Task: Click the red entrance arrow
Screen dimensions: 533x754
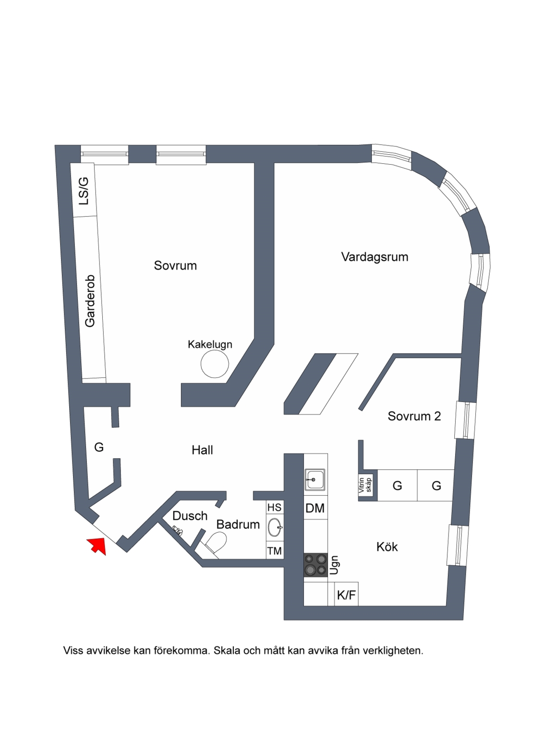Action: point(97,546)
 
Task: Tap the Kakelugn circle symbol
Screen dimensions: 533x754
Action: point(215,364)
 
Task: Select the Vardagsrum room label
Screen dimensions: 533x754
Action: point(375,257)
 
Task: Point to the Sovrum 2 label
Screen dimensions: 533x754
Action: point(414,416)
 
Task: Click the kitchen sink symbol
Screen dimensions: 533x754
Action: point(315,480)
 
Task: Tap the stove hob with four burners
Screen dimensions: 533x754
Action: point(315,565)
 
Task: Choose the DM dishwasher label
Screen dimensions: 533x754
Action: point(315,508)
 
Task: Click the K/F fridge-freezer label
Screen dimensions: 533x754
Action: point(346,595)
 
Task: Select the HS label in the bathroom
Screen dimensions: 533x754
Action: point(275,508)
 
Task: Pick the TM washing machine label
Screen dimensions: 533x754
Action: point(275,551)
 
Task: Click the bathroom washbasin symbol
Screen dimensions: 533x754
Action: point(276,527)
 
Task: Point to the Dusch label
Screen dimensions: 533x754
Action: point(190,516)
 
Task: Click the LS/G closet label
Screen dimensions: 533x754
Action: point(84,191)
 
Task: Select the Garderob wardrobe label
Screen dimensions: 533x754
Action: point(90,301)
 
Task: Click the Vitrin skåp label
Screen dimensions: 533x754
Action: point(365,485)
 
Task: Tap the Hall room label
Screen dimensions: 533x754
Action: point(202,450)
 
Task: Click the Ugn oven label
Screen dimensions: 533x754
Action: point(334,565)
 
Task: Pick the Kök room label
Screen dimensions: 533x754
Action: point(387,547)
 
